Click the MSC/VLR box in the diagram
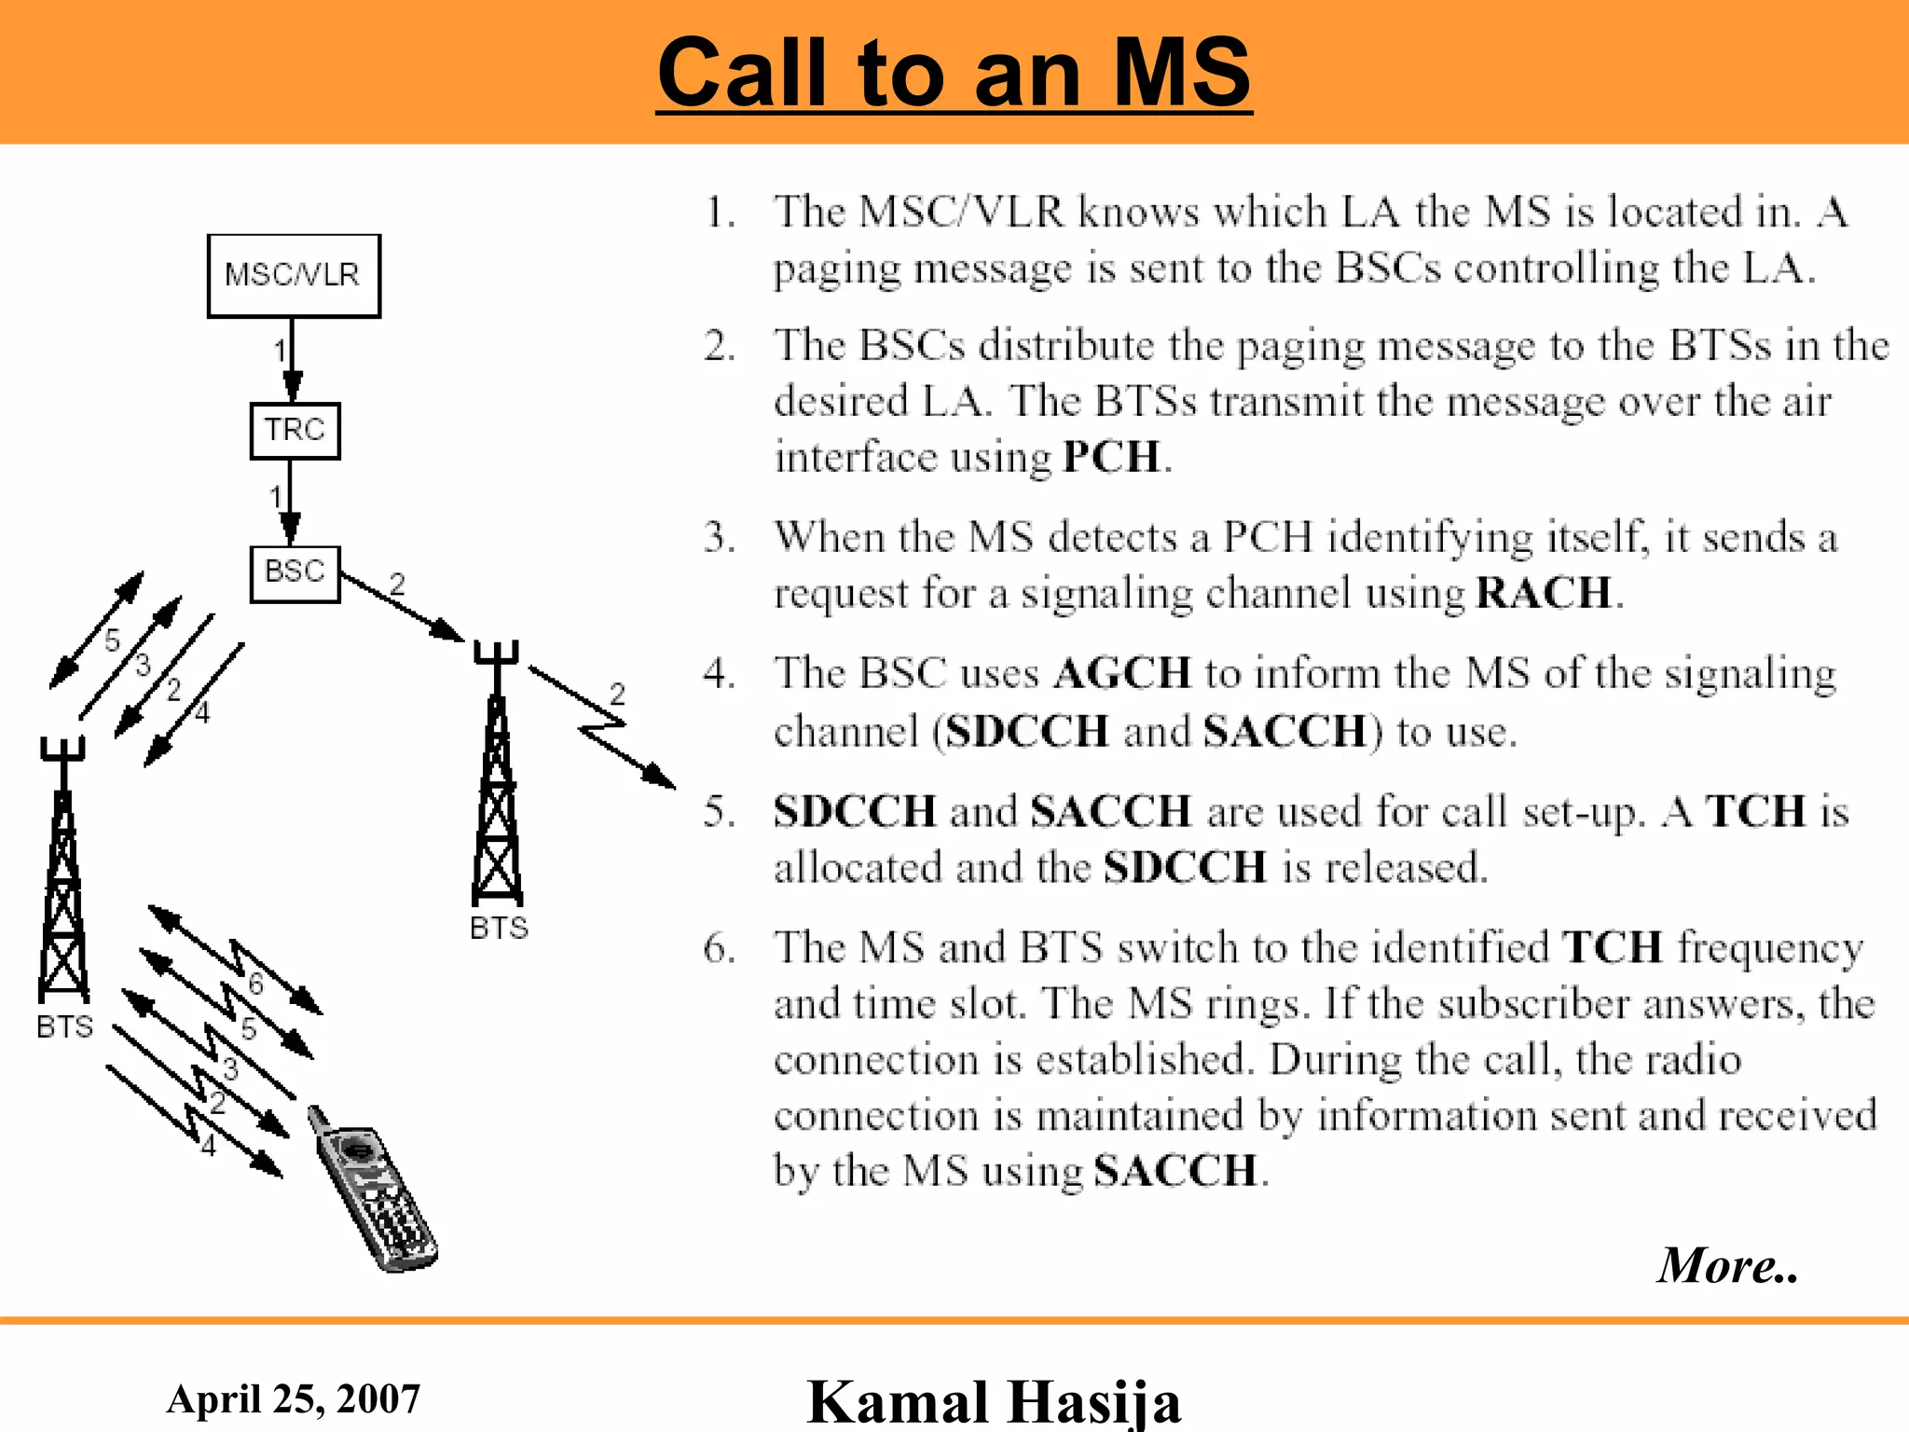pyautogui.click(x=294, y=276)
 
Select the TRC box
pyautogui.click(x=295, y=431)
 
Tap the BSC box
pyautogui.click(x=295, y=573)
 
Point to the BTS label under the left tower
pyautogui.click(x=64, y=1026)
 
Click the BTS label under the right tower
pyautogui.click(x=499, y=928)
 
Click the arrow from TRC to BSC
pyautogui.click(x=291, y=503)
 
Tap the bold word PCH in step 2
pyautogui.click(x=1111, y=458)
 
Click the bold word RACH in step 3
pyautogui.click(x=1544, y=593)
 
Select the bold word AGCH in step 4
pyautogui.click(x=1122, y=673)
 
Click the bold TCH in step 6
pyautogui.click(x=1613, y=947)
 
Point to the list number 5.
pyautogui.click(x=719, y=812)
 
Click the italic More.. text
pyautogui.click(x=1727, y=1265)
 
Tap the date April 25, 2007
pyautogui.click(x=294, y=1398)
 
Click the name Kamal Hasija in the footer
pyautogui.click(x=994, y=1401)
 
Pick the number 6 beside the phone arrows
pyautogui.click(x=255, y=984)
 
